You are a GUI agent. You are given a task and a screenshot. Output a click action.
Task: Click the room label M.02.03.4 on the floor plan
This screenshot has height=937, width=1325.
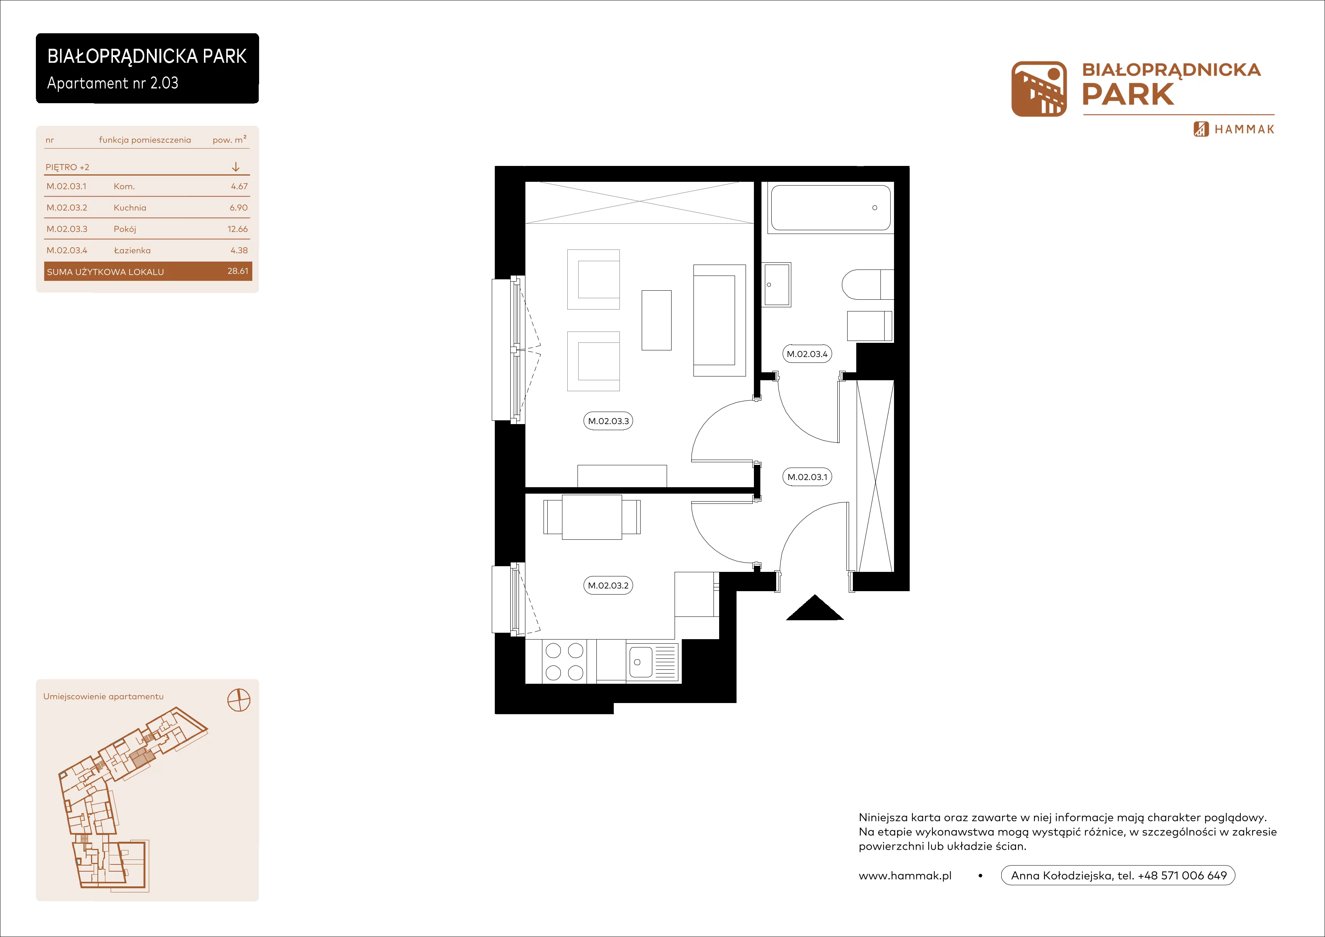click(x=807, y=354)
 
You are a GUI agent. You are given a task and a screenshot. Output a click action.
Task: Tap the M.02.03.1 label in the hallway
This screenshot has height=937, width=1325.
click(x=807, y=477)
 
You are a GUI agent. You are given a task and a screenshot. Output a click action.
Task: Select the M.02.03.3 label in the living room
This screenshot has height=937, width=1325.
click(x=608, y=421)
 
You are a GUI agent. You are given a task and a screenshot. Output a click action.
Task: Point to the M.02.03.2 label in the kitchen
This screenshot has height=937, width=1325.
click(x=608, y=585)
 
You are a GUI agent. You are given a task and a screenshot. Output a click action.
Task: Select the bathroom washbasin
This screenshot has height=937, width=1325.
click(x=777, y=284)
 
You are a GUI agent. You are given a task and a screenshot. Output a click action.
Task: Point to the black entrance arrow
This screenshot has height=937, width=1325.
click(x=815, y=608)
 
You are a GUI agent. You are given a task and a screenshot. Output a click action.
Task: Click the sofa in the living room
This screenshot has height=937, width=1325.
click(x=720, y=321)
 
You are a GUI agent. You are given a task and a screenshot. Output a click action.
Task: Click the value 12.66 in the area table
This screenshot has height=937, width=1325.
click(x=237, y=229)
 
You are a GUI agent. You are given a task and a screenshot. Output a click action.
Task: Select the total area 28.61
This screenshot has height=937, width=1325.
click(x=238, y=271)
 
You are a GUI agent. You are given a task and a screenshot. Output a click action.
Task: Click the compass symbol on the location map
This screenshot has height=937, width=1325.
click(x=239, y=700)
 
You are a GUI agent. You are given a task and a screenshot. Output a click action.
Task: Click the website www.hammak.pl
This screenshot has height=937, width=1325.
click(x=905, y=876)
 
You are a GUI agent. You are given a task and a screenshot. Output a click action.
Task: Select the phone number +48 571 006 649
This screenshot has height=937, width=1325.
click(x=1183, y=875)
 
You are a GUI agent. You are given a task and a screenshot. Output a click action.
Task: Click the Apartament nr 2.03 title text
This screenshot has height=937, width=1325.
click(x=113, y=83)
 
